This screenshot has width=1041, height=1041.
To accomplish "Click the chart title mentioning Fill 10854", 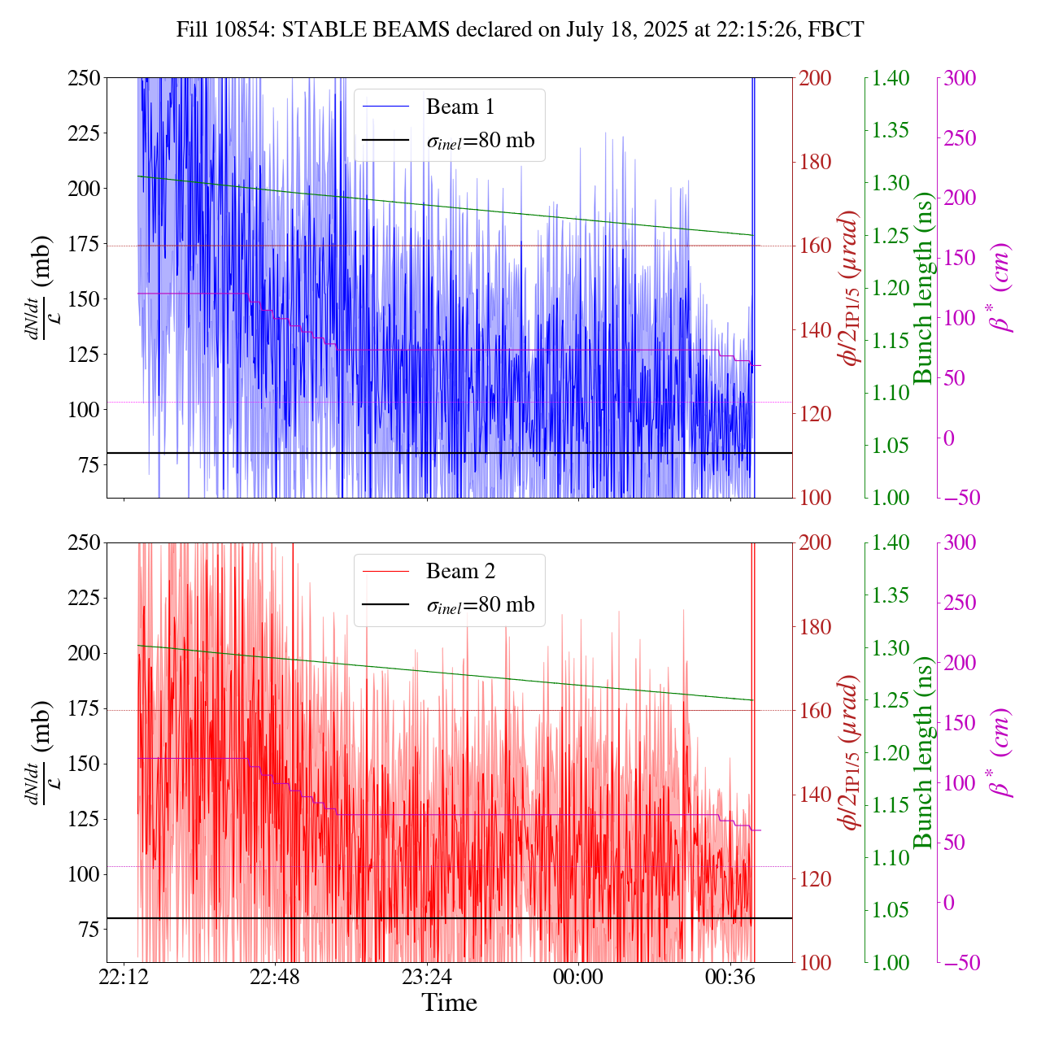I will pyautogui.click(x=520, y=30).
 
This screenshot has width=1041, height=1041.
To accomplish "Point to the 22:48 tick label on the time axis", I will pyautogui.click(x=275, y=976).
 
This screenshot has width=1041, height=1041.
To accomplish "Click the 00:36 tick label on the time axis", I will pyautogui.click(x=730, y=976).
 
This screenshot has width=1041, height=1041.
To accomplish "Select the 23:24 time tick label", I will pyautogui.click(x=427, y=976).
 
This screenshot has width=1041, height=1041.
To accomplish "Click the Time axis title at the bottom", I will pyautogui.click(x=449, y=1003).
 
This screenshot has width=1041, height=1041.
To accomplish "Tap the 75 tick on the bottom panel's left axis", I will pyautogui.click(x=87, y=930).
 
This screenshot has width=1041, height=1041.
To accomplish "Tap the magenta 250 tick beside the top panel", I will pyautogui.click(x=960, y=138).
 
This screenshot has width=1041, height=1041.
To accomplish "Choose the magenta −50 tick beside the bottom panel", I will pyautogui.click(x=960, y=963).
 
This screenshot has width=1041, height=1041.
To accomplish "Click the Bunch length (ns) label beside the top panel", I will pyautogui.click(x=923, y=288).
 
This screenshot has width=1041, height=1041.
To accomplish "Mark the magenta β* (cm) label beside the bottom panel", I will pyautogui.click(x=1002, y=752).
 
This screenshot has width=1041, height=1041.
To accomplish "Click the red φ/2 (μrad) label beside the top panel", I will pyautogui.click(x=851, y=288).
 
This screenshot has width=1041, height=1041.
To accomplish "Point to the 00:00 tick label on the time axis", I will pyautogui.click(x=578, y=976).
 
